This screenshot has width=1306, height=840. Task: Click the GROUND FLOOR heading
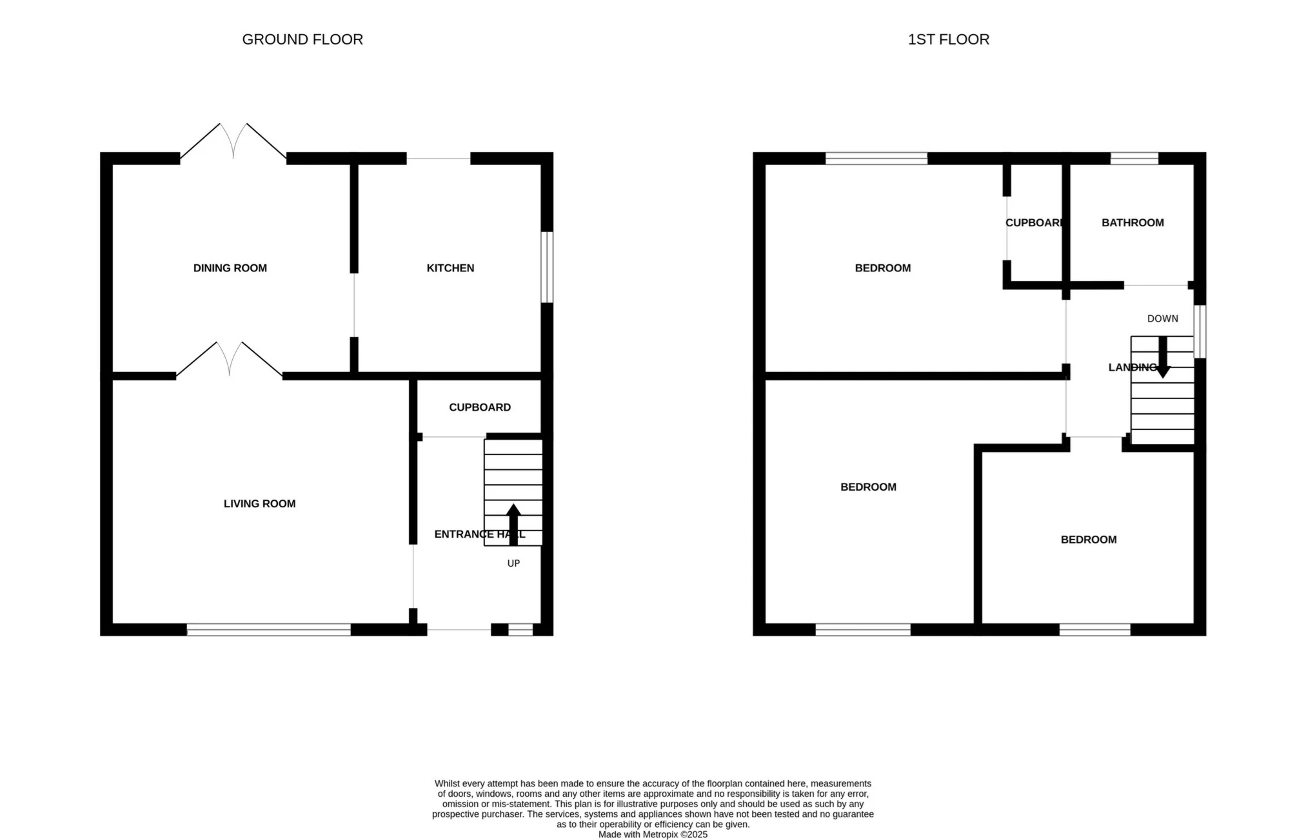tap(302, 39)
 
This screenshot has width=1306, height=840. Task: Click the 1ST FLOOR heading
tap(948, 39)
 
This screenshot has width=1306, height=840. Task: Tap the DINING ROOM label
tap(230, 268)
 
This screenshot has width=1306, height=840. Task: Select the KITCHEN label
tap(450, 268)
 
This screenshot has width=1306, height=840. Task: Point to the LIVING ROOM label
tap(259, 503)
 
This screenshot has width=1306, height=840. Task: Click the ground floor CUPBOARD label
tap(480, 407)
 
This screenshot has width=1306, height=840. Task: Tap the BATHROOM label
tap(1133, 223)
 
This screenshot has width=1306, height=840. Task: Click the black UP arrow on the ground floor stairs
tap(513, 523)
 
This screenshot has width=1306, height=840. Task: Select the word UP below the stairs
tap(513, 563)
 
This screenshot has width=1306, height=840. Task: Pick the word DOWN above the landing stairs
tap(1162, 318)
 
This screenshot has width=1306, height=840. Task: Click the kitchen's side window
tap(547, 267)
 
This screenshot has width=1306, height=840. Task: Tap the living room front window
tap(269, 630)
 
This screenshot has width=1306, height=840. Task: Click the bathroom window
tap(1134, 158)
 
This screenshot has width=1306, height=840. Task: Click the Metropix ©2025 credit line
tap(653, 834)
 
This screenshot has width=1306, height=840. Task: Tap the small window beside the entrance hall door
tap(520, 630)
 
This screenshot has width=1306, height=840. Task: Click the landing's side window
tap(1200, 331)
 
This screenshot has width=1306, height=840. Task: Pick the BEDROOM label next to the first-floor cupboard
tap(882, 268)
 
